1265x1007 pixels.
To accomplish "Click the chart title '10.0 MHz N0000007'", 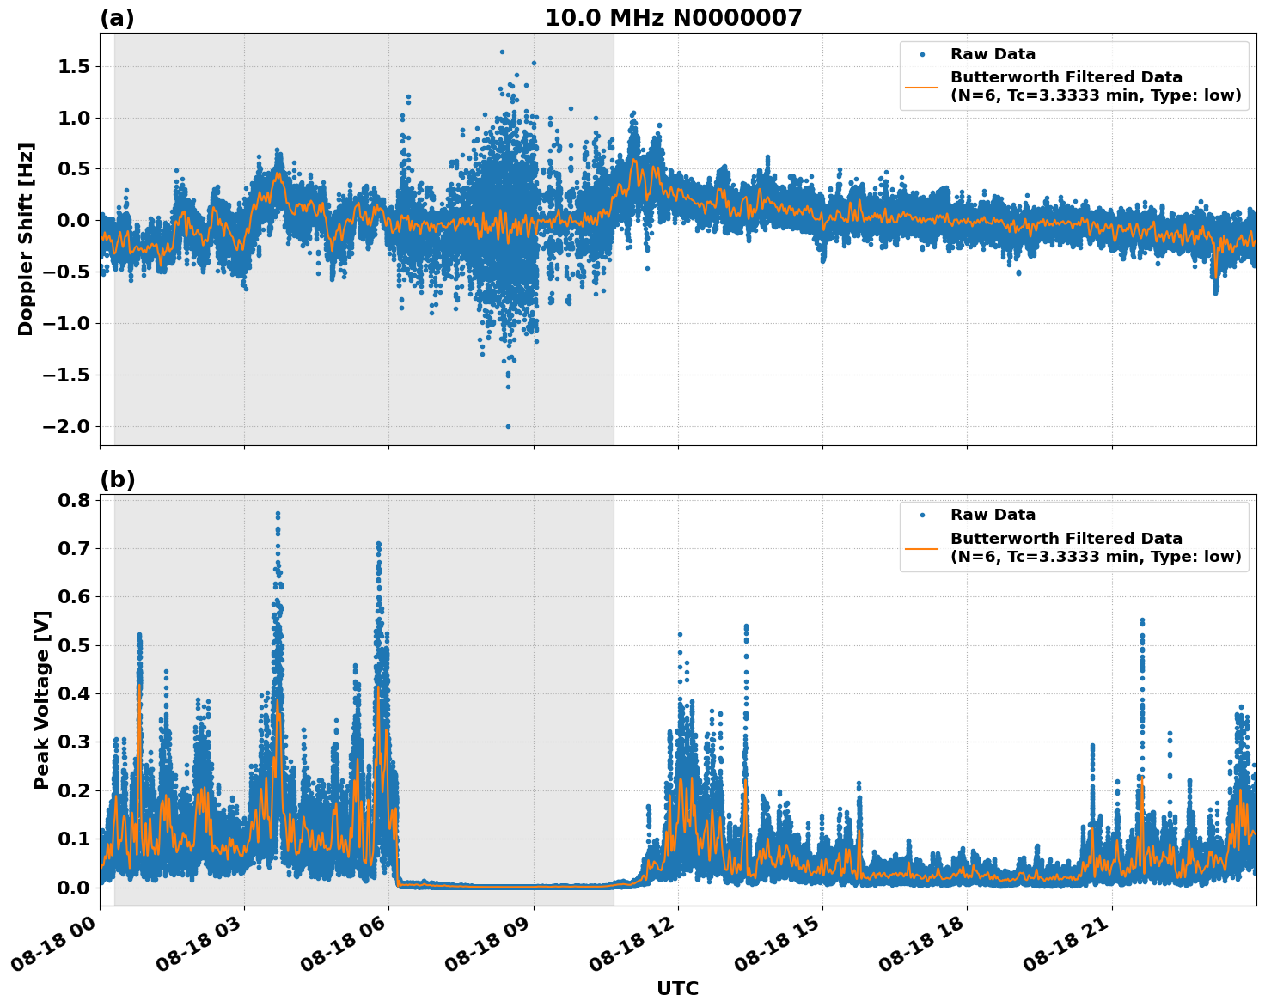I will (x=673, y=18).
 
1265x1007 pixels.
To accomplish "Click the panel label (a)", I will (x=117, y=18).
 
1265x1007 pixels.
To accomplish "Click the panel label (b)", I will (x=117, y=479).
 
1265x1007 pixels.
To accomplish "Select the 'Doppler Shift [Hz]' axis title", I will (x=26, y=239).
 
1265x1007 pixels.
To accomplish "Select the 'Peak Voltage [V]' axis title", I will (x=42, y=699).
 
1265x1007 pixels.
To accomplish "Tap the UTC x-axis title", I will (x=677, y=988).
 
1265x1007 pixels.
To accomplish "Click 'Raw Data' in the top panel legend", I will (x=993, y=54).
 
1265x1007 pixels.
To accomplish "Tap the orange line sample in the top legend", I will (x=921, y=86).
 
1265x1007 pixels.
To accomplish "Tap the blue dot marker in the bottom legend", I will (x=921, y=515).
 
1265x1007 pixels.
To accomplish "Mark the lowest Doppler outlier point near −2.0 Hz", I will (x=508, y=426).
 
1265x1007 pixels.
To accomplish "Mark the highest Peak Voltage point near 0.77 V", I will (x=278, y=514).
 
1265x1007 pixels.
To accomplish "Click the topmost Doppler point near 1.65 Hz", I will (x=502, y=52).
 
